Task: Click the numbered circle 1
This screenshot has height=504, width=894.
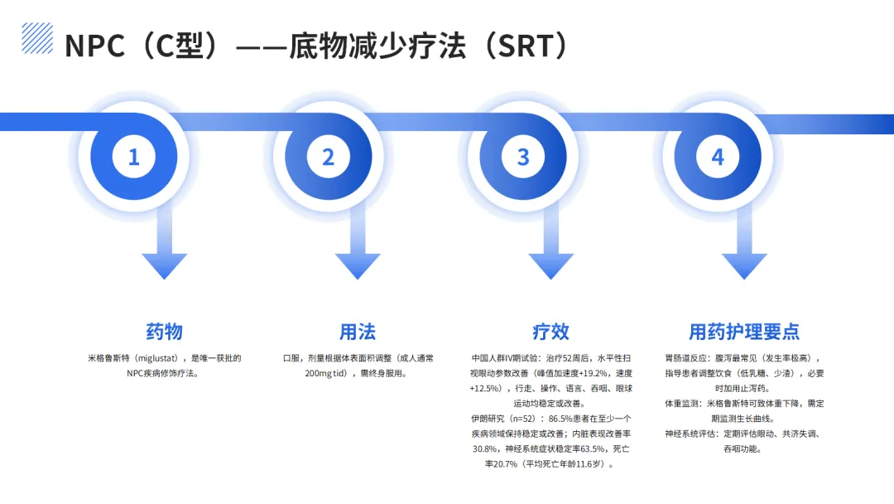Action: [x=134, y=157]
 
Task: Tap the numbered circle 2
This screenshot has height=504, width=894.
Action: [x=329, y=157]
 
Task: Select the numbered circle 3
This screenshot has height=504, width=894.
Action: [x=523, y=157]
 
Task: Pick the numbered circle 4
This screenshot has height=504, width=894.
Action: [x=718, y=157]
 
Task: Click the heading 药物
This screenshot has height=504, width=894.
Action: [x=164, y=332]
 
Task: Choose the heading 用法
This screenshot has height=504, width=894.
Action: [x=358, y=332]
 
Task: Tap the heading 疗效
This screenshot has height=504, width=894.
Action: [x=551, y=332]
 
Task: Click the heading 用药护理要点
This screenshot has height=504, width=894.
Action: [x=744, y=332]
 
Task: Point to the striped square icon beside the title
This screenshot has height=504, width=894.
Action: [x=37, y=37]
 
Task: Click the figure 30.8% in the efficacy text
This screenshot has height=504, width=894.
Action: [x=486, y=448]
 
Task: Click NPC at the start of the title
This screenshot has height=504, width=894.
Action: [x=94, y=46]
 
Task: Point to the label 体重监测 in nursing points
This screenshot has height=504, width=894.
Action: [x=683, y=403]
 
